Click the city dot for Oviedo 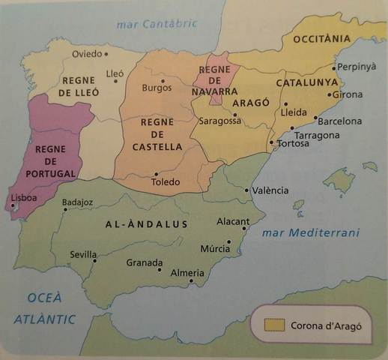(x=106, y=54)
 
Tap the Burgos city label (x=157, y=88)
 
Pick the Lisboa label (x=23, y=199)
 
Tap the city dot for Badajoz (x=66, y=210)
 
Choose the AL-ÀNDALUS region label (x=147, y=223)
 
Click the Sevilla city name (x=83, y=254)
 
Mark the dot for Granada (x=160, y=270)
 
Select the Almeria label (x=187, y=273)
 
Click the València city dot (x=248, y=190)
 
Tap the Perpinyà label (x=357, y=67)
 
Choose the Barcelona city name (x=339, y=121)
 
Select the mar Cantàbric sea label (x=157, y=24)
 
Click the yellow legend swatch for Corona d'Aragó (x=273, y=325)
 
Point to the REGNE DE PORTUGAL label (x=50, y=161)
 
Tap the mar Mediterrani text (x=310, y=232)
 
